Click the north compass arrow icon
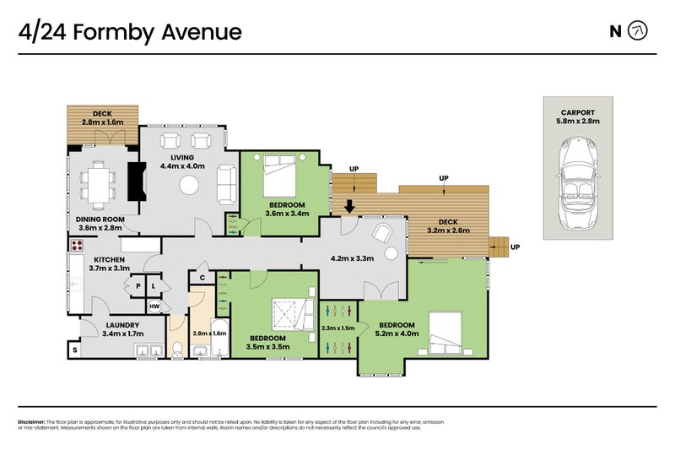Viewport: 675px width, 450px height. click(x=640, y=32)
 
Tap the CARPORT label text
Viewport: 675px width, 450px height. click(x=578, y=111)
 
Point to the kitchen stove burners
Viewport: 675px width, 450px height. click(x=76, y=247)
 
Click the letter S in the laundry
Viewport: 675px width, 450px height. click(x=74, y=350)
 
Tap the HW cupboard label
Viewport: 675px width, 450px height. click(x=154, y=306)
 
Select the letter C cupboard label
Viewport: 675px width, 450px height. click(x=202, y=277)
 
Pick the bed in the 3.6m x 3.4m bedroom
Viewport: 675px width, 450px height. click(x=280, y=175)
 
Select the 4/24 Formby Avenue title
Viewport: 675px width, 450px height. click(x=131, y=32)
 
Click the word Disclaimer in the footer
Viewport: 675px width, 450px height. click(x=31, y=421)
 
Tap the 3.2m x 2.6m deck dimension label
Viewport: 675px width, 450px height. click(x=448, y=230)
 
